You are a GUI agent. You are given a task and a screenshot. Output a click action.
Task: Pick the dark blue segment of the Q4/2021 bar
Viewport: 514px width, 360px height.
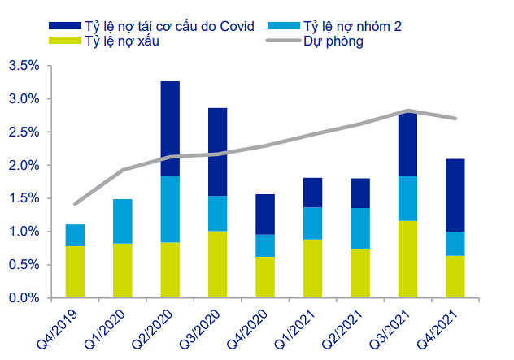tap(455, 195)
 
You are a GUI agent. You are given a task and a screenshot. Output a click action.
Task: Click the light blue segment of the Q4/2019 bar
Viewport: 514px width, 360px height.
tap(76, 235)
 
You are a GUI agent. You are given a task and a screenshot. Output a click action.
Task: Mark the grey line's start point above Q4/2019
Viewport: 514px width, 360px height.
tap(76, 204)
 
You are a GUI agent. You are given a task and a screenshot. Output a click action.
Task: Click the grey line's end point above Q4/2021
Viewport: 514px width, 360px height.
tap(455, 119)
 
